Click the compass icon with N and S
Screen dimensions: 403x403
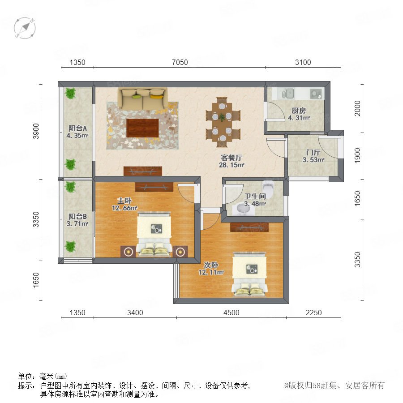coord(25,28)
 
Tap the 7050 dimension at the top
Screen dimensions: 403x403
coord(180,62)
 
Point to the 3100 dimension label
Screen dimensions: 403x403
coord(303,62)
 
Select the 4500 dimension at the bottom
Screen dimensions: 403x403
coord(232,313)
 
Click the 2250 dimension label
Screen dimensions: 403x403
coord(313,313)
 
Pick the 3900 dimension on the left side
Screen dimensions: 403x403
coord(36,131)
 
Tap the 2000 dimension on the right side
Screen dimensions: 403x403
coord(357,108)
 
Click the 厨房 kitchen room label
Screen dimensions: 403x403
coord(299,111)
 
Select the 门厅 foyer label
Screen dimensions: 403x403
coord(313,152)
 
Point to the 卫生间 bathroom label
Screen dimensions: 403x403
coord(255,197)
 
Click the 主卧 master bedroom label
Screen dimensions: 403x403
coord(124,201)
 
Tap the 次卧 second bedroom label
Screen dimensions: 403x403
coord(211,265)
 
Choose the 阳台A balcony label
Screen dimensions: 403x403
coord(77,128)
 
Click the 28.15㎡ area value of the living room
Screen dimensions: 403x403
coord(232,165)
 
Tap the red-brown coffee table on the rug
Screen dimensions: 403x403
coord(143,128)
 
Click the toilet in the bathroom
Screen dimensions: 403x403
coord(268,187)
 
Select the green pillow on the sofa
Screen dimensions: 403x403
coord(137,97)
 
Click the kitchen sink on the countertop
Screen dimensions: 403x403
coord(288,94)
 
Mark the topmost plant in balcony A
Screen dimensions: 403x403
coord(70,93)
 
